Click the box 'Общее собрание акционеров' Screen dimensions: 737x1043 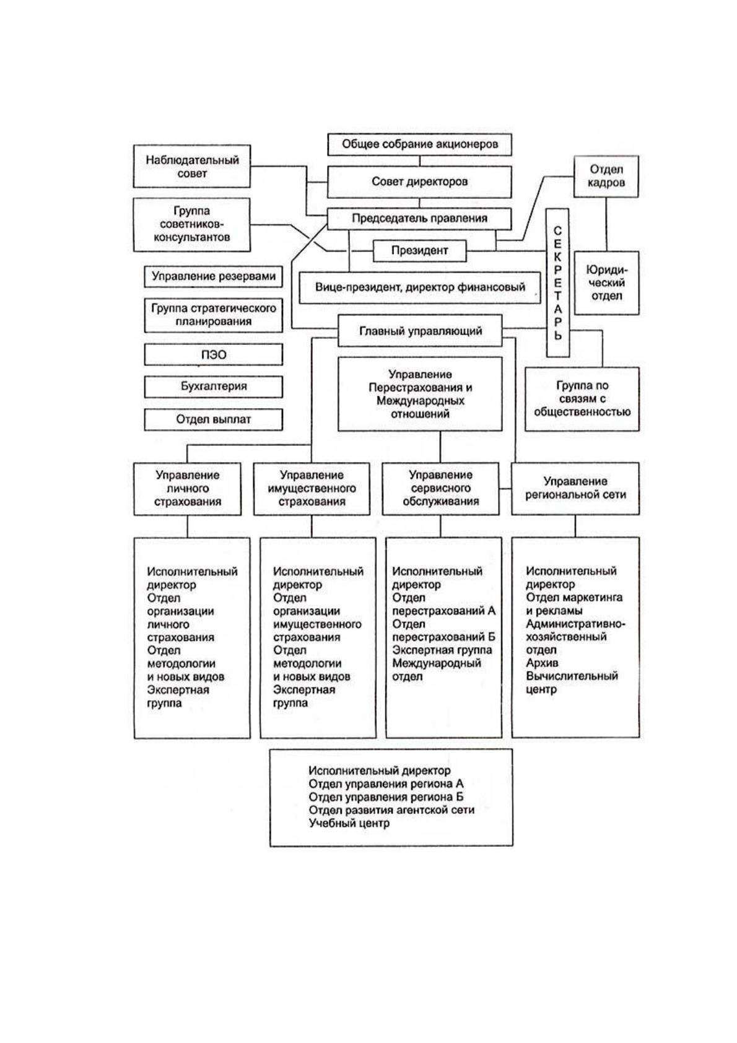[419, 144]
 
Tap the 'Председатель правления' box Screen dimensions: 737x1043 [419, 219]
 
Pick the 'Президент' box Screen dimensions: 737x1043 [419, 250]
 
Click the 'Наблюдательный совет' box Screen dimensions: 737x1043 [192, 166]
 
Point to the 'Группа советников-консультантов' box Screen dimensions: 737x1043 [192, 224]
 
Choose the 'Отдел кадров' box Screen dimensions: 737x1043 [606, 177]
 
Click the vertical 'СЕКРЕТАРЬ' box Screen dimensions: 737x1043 [558, 282]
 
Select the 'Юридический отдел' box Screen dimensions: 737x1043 [607, 283]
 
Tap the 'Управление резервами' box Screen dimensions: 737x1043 [213, 277]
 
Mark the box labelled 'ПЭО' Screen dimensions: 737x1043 [213, 354]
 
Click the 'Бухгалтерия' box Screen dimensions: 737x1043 [213, 386]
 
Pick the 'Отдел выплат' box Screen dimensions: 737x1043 [213, 419]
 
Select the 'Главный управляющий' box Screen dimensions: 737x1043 [420, 331]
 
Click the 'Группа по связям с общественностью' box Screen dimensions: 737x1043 [582, 399]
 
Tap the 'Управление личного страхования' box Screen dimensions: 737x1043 [188, 489]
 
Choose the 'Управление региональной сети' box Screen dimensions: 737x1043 [575, 489]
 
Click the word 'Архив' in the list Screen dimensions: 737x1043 [542, 663]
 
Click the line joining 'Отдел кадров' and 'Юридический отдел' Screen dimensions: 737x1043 [606, 224]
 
